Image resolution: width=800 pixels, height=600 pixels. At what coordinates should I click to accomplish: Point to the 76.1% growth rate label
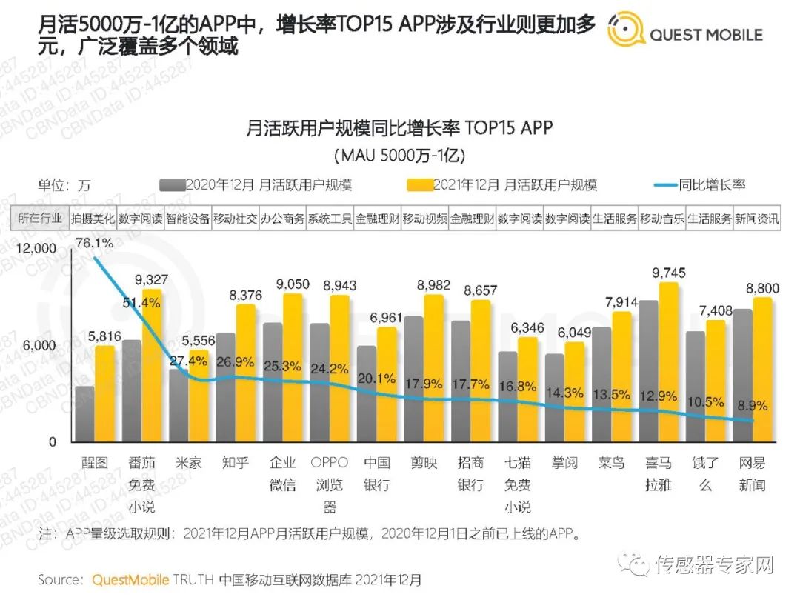[x=94, y=242]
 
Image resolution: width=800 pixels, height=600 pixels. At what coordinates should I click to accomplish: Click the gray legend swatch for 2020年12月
[x=172, y=184]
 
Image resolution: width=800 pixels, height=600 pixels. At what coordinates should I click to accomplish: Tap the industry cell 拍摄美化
[x=93, y=219]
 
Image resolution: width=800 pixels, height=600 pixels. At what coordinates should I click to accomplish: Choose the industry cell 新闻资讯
[x=756, y=219]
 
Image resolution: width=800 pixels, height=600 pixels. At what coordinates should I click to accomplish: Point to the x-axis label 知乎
[x=235, y=463]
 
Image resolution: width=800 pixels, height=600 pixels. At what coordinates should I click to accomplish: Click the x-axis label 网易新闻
[x=753, y=474]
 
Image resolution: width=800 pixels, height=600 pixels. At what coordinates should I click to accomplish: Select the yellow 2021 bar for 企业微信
[x=293, y=367]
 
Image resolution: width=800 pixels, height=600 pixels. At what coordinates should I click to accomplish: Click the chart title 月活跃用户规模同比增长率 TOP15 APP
[x=399, y=128]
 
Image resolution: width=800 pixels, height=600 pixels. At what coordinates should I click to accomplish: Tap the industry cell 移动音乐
[x=661, y=219]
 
